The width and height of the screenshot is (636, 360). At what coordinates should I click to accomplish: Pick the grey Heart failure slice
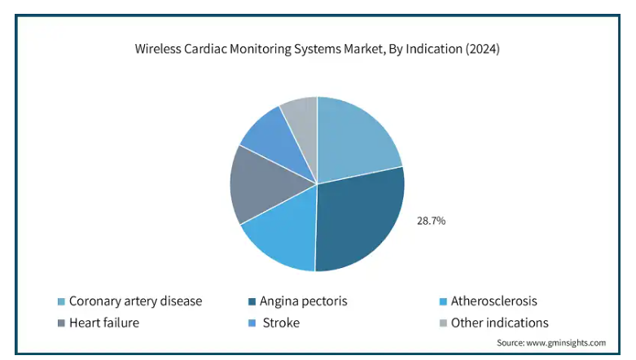pyautogui.click(x=264, y=185)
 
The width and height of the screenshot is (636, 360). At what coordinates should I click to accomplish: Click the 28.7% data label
pyautogui.click(x=431, y=221)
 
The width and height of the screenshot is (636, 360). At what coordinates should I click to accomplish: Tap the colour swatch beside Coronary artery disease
pyautogui.click(x=61, y=301)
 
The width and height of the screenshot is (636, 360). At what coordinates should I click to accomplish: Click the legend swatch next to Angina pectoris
pyautogui.click(x=252, y=301)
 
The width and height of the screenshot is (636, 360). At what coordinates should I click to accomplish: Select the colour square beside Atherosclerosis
pyautogui.click(x=443, y=301)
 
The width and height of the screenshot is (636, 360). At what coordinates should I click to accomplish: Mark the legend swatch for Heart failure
pyautogui.click(x=61, y=323)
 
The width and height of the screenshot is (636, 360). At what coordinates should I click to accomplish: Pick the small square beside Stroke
pyautogui.click(x=252, y=323)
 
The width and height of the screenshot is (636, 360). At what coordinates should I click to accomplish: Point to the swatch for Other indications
pyautogui.click(x=443, y=323)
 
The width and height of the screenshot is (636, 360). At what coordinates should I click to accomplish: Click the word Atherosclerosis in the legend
pyautogui.click(x=494, y=301)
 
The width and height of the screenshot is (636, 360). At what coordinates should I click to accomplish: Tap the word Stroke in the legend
pyautogui.click(x=281, y=323)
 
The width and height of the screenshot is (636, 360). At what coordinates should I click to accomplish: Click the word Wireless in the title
pyautogui.click(x=158, y=49)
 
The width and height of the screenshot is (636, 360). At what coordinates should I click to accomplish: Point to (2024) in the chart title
pyautogui.click(x=482, y=49)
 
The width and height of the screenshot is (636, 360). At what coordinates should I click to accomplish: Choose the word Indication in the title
pyautogui.click(x=434, y=49)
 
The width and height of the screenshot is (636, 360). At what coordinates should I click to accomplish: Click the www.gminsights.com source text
pyautogui.click(x=566, y=343)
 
